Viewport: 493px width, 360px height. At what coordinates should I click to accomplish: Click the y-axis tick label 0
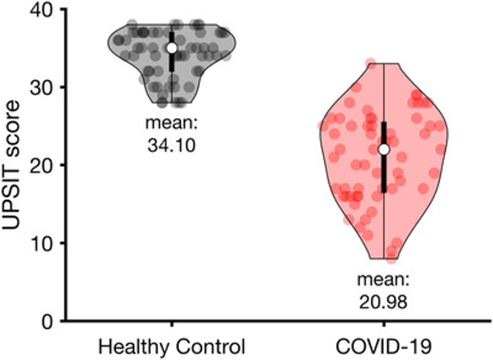point(44,320)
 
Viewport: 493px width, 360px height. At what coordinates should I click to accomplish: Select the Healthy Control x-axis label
point(171,347)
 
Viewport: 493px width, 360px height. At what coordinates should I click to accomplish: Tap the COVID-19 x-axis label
point(384,347)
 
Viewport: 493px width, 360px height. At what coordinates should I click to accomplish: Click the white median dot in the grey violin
point(171,48)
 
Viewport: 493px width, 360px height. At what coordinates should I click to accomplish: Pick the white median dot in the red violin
point(384,149)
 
